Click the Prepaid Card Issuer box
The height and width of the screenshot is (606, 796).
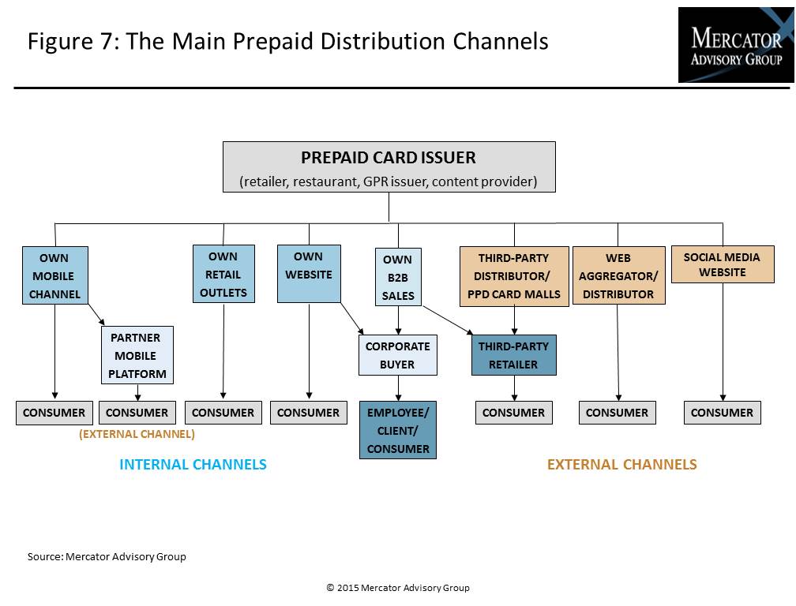click(x=389, y=166)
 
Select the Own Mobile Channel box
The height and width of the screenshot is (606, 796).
click(x=54, y=275)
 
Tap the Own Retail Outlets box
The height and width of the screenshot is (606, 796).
click(x=223, y=274)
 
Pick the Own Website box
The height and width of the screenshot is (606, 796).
click(x=309, y=274)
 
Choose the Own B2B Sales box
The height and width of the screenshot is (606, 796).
click(x=397, y=277)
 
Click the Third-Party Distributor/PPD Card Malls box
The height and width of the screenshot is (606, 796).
click(x=513, y=275)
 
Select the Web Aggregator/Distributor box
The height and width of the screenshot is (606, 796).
click(x=618, y=275)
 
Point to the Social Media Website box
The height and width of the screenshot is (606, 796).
click(x=722, y=264)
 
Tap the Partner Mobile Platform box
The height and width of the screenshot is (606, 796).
click(x=137, y=355)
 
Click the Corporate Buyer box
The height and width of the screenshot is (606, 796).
click(x=397, y=355)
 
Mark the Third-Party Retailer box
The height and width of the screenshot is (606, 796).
click(x=513, y=355)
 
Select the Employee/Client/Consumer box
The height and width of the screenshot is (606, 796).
click(x=397, y=430)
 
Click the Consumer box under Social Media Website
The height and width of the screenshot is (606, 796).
click(x=722, y=413)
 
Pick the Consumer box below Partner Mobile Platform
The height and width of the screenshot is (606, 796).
click(x=137, y=413)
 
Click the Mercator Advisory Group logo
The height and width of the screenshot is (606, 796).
click(x=735, y=45)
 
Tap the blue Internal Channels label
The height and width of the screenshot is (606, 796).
click(x=193, y=465)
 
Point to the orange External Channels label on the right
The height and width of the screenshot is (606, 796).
click(x=621, y=465)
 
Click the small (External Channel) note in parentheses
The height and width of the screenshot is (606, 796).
click(x=137, y=434)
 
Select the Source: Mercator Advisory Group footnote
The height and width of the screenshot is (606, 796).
click(x=107, y=556)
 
